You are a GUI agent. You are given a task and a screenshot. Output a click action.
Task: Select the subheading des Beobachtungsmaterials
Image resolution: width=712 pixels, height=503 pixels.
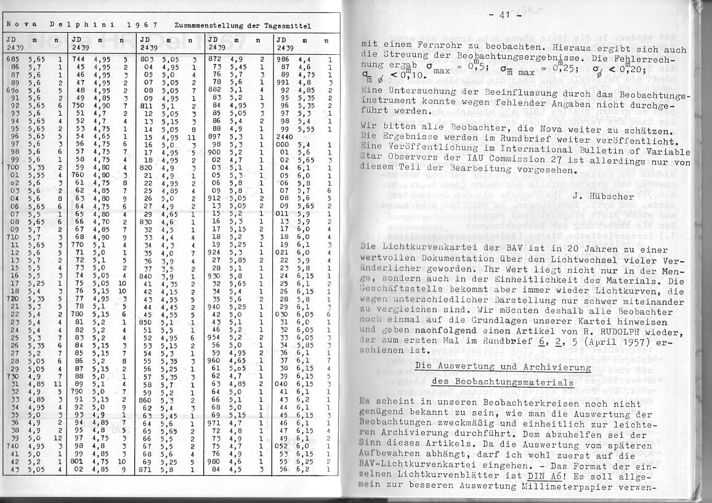(503, 382)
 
